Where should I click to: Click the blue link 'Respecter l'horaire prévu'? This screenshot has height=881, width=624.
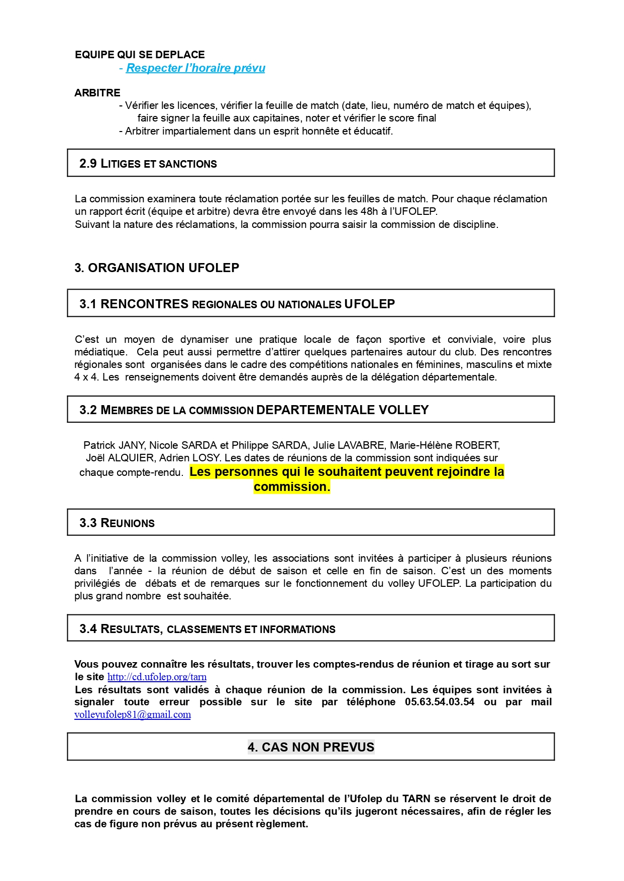coord(195,68)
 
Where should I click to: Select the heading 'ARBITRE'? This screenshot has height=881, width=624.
coord(97,93)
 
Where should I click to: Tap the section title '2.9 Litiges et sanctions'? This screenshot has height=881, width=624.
coord(148,164)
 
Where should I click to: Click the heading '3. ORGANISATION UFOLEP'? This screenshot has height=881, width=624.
coord(157,268)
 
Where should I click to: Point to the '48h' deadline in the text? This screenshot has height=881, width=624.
coord(369,211)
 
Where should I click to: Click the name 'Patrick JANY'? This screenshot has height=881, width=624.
coord(114,445)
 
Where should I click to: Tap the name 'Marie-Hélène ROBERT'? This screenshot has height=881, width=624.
coord(444,445)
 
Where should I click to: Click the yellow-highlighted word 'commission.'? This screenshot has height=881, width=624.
coord(292,487)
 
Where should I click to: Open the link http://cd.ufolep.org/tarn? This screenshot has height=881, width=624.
coord(157,677)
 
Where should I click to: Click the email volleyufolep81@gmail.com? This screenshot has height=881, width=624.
coord(133,715)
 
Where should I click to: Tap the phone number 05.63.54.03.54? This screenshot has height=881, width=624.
coord(440,702)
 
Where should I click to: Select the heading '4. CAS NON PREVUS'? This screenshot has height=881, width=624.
coord(311,747)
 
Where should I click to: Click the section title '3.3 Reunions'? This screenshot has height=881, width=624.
coord(117,523)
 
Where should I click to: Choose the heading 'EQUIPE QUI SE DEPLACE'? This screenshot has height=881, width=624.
coord(140,55)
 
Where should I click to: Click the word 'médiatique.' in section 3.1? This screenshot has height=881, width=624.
coord(100,352)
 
